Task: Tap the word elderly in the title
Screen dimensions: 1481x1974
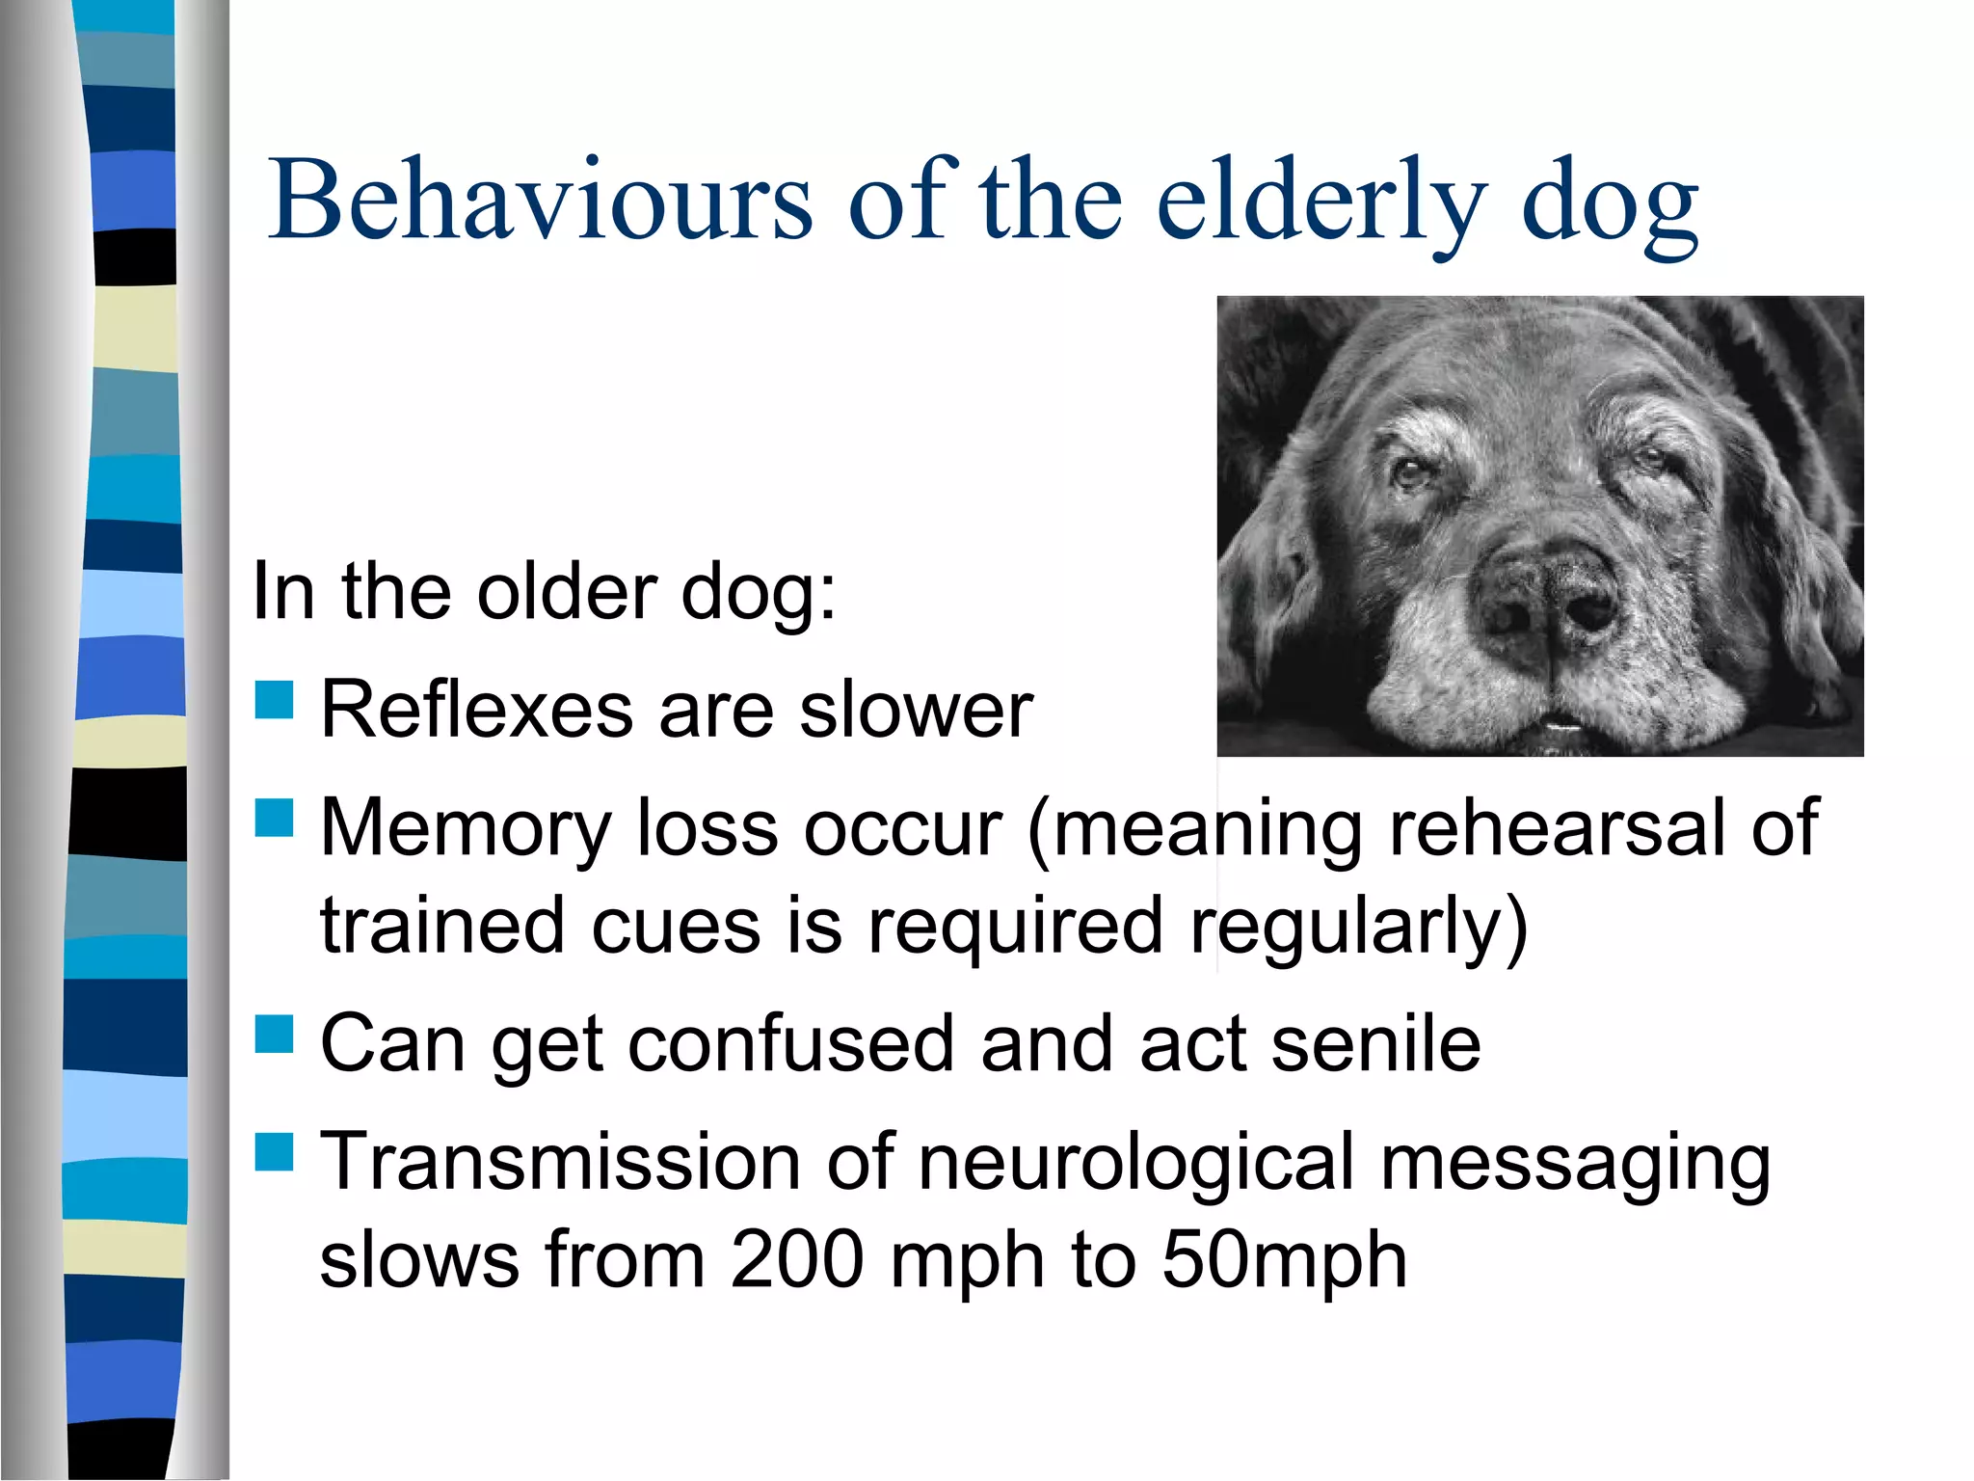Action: point(1320,202)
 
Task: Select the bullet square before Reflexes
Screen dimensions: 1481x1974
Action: point(274,701)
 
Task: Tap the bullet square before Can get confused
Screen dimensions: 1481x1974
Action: point(274,1035)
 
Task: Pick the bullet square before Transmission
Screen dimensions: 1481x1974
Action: point(274,1151)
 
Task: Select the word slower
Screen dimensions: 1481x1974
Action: point(917,710)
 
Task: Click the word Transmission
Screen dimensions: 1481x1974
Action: point(560,1162)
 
